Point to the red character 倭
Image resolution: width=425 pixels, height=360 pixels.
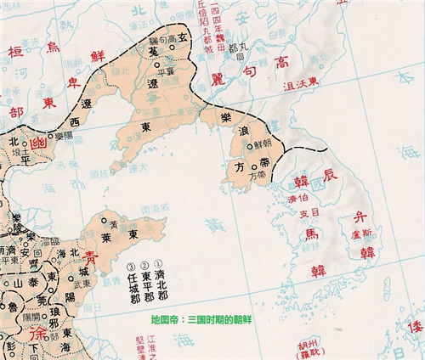click(x=416, y=327)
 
